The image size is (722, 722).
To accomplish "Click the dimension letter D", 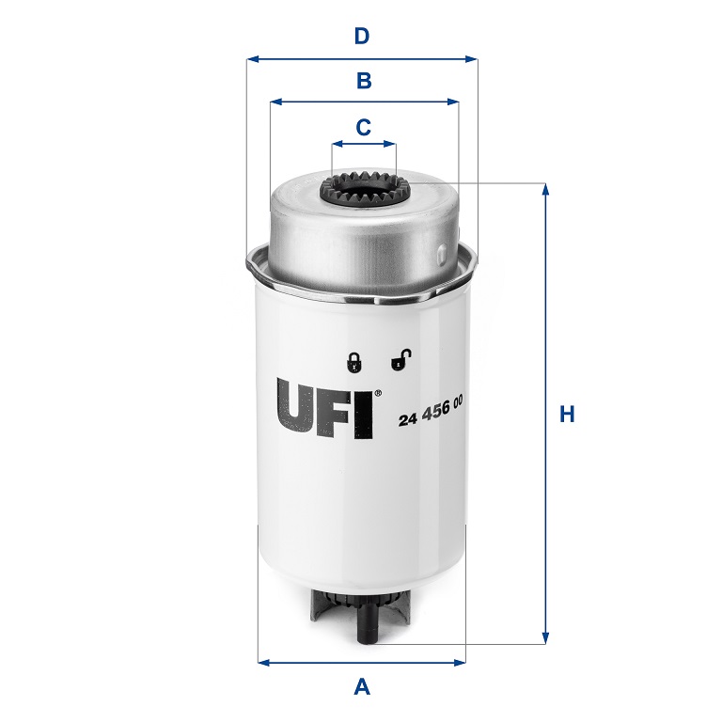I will pos(362,37).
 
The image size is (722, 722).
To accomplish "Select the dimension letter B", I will pos(364,81).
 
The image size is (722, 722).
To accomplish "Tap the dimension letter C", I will pos(364,126).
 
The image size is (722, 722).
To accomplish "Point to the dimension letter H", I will pos(567,414).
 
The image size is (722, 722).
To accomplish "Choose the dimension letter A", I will pos(362,688).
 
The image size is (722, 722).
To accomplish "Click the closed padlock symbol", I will pos(353,361).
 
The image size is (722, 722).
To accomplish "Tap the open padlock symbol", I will pos(400,359).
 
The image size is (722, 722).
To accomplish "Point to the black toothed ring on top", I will pos(365,191).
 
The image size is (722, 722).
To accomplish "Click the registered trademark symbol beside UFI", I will pos(378,394).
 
